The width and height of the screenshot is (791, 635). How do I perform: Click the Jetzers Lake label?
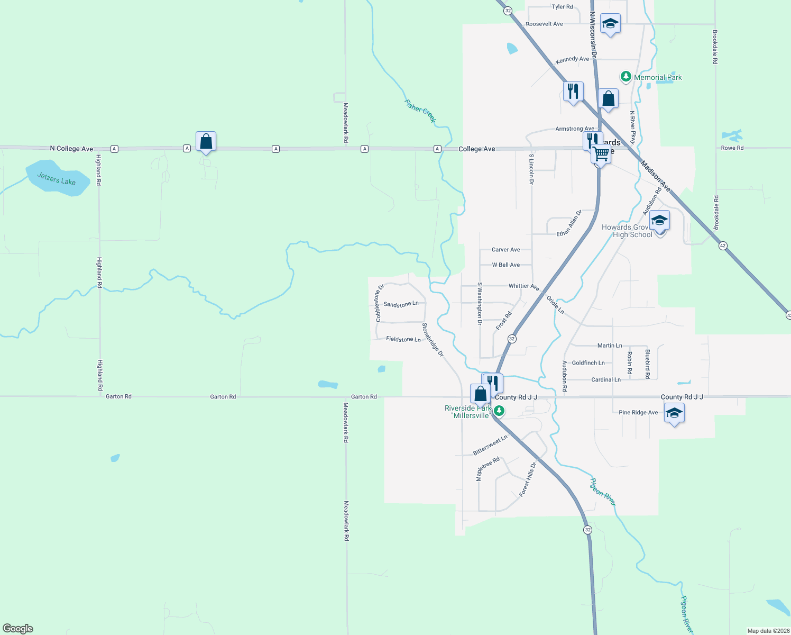(x=56, y=179)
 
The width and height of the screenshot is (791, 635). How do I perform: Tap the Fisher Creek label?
(x=420, y=111)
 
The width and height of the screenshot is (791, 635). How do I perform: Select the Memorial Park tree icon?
(x=626, y=77)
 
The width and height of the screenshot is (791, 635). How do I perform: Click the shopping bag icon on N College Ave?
(x=206, y=142)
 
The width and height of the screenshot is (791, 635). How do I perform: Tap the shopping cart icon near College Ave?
(x=601, y=154)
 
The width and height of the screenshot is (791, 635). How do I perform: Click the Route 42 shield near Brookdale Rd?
(x=723, y=246)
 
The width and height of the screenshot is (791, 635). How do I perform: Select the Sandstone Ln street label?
(x=401, y=304)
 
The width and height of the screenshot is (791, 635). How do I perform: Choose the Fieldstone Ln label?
(x=403, y=339)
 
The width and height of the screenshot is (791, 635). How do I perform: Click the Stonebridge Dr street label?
(x=433, y=340)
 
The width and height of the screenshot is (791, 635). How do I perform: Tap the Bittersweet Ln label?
(x=490, y=445)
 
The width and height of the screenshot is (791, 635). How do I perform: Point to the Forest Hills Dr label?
(x=528, y=479)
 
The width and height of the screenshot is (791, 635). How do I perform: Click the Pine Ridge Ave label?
(x=638, y=413)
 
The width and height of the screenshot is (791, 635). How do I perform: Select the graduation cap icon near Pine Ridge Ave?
(x=674, y=413)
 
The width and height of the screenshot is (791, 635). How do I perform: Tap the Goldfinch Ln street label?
(x=588, y=363)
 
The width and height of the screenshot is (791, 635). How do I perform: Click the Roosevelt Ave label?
(x=544, y=24)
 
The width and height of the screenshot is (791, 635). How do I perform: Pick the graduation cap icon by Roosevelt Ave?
(x=610, y=24)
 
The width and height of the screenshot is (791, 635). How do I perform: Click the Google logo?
(x=18, y=629)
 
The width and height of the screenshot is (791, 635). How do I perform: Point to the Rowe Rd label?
(x=732, y=148)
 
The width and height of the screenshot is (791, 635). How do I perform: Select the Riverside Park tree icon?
(x=499, y=411)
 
